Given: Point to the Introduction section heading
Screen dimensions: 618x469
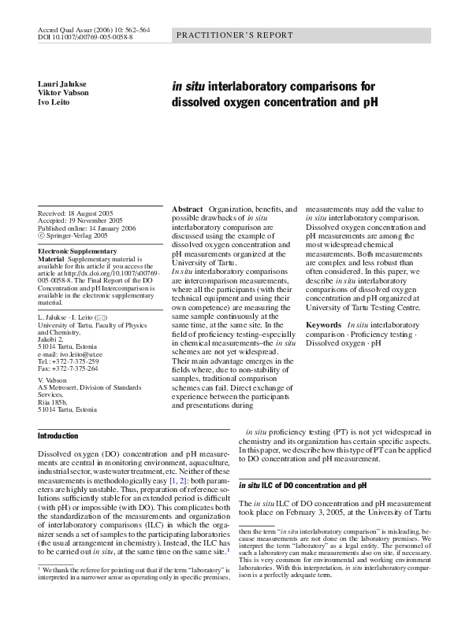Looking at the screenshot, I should coord(58,435).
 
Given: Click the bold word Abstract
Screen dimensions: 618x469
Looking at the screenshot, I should coord(188,210).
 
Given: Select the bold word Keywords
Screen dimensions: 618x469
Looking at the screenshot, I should coord(323,324).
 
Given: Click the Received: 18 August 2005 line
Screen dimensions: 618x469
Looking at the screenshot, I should coord(75,213).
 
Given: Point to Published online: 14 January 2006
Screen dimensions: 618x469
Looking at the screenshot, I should coord(87,228).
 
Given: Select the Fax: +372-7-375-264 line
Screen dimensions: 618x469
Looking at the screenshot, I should coord(68,368).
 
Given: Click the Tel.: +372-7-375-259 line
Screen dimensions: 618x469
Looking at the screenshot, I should coord(68,361).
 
